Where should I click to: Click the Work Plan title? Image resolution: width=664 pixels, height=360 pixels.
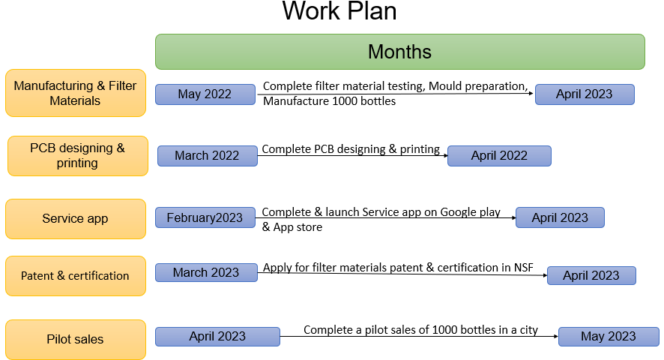click(x=339, y=11)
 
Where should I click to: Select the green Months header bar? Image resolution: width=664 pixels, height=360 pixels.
click(x=399, y=52)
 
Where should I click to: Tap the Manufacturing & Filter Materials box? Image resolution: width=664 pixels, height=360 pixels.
click(x=76, y=93)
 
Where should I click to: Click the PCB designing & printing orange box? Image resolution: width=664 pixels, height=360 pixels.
click(x=77, y=155)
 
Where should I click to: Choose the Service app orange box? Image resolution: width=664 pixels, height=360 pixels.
click(x=76, y=219)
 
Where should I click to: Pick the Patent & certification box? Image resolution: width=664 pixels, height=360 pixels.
click(x=76, y=276)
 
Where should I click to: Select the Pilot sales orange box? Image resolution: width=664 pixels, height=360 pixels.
click(x=76, y=339)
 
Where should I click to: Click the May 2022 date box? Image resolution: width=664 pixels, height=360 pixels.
click(x=205, y=94)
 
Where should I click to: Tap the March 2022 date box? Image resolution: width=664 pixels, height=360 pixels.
click(x=207, y=155)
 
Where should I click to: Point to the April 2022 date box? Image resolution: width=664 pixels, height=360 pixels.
click(x=499, y=155)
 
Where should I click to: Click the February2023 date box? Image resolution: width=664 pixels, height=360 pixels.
click(x=205, y=217)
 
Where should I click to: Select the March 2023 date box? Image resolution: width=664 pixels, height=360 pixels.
click(x=206, y=272)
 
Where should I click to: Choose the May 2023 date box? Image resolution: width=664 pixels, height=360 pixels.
click(x=609, y=336)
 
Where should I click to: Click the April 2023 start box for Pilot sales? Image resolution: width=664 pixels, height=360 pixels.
click(x=217, y=336)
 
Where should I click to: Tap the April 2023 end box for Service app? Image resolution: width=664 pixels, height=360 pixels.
click(x=560, y=217)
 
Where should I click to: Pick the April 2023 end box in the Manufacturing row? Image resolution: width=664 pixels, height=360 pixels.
click(x=585, y=94)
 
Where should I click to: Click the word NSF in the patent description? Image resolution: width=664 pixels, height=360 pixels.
click(x=523, y=268)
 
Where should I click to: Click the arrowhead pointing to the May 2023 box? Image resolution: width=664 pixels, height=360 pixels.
click(x=556, y=336)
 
